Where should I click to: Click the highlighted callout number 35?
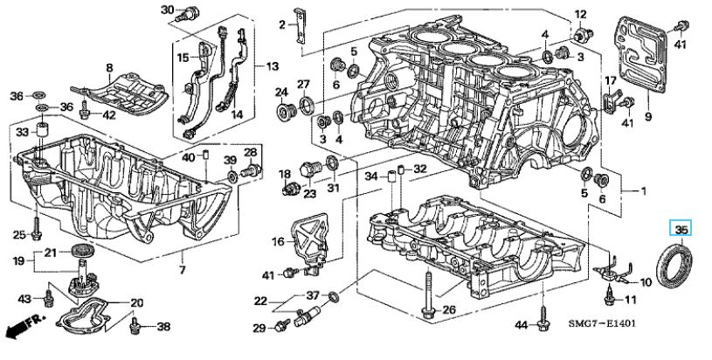pos(681,229)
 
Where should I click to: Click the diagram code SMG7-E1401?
pos(602,323)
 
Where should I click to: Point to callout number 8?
pos(109,68)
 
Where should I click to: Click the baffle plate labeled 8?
pos(121,94)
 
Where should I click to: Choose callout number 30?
pos(168,10)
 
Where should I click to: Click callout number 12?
pos(581,15)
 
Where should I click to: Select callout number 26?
pos(449,310)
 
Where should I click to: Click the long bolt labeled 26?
pos(428,294)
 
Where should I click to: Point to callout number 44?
pos(522,324)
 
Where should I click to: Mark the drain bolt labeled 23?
pos(311,171)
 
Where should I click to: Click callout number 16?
pos(278,241)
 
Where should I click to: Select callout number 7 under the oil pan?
pos(182,270)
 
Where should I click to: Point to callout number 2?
pos(282,24)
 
